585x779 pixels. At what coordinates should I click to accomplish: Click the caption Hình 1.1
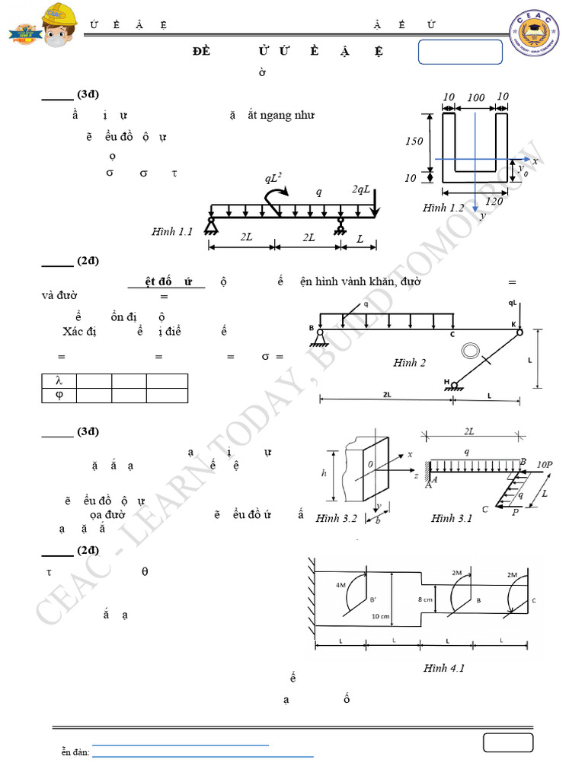[x=173, y=231]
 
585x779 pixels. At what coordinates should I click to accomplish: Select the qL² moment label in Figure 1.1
[x=275, y=179]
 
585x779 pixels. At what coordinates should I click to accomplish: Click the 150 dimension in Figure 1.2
[x=414, y=141]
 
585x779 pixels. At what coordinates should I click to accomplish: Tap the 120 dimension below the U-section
[x=494, y=201]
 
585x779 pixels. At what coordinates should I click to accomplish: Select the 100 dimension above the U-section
[x=475, y=97]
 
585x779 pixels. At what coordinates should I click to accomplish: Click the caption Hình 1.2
[x=443, y=208]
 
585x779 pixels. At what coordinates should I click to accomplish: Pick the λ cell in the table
[x=58, y=380]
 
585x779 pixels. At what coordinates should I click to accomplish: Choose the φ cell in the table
[x=58, y=395]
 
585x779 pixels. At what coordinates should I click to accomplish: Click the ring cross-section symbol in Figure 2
[x=471, y=351]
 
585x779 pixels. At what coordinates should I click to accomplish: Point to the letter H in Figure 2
[x=446, y=382]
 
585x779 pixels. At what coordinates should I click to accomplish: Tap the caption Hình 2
[x=410, y=363]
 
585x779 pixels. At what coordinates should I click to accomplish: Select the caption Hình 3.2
[x=337, y=518]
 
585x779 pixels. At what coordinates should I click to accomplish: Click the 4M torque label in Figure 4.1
[x=340, y=586]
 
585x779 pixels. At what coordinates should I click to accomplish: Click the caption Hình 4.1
[x=444, y=668]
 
